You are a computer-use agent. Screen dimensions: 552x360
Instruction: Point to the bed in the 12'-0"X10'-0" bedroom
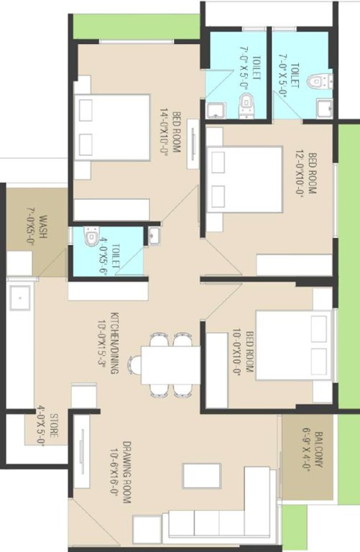pos(244,180)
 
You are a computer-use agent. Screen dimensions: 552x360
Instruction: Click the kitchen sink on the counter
pos(19,295)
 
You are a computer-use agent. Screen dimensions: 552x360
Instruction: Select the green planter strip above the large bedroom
pos(137,27)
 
